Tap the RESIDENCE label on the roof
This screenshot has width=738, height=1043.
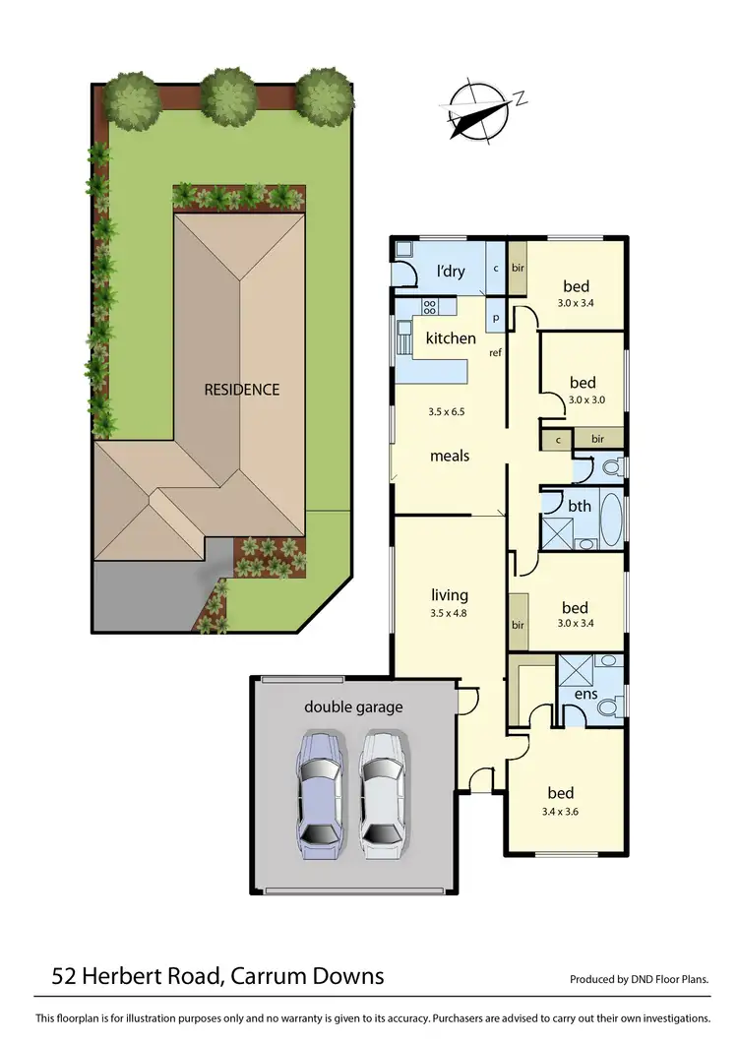242,389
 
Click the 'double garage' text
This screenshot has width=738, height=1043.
353,706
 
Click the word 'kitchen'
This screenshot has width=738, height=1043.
450,338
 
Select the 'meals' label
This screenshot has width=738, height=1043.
450,456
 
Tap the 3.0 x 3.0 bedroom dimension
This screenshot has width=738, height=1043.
589,400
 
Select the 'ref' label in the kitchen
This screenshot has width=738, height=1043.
496,351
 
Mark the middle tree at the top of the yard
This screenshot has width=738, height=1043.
228,96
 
